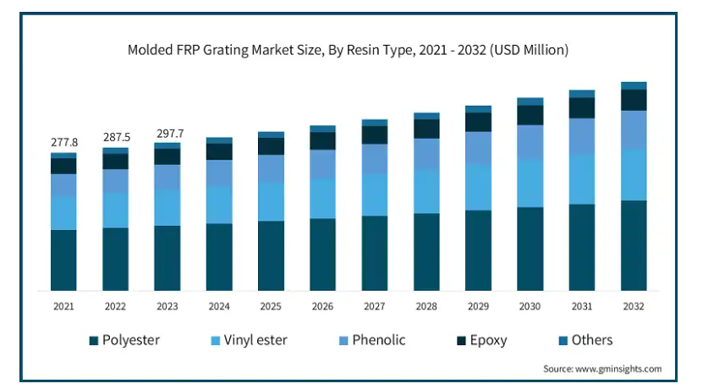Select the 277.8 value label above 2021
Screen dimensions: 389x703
[64, 142]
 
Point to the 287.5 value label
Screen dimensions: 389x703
[116, 136]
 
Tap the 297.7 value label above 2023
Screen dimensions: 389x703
[168, 133]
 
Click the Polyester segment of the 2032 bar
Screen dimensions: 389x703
[634, 245]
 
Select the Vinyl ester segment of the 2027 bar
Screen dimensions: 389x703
[375, 194]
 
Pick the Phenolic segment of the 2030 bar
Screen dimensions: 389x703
[530, 141]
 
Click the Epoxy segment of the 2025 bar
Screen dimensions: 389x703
[271, 145]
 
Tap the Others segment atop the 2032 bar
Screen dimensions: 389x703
[634, 85]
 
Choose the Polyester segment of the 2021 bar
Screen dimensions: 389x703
[64, 260]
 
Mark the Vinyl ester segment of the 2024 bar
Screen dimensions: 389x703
[219, 204]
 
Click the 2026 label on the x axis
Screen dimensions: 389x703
[322, 306]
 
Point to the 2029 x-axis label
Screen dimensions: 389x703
[478, 306]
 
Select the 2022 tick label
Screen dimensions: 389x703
[116, 306]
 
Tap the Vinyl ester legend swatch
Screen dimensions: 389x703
[217, 341]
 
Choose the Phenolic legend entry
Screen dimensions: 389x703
[372, 341]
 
